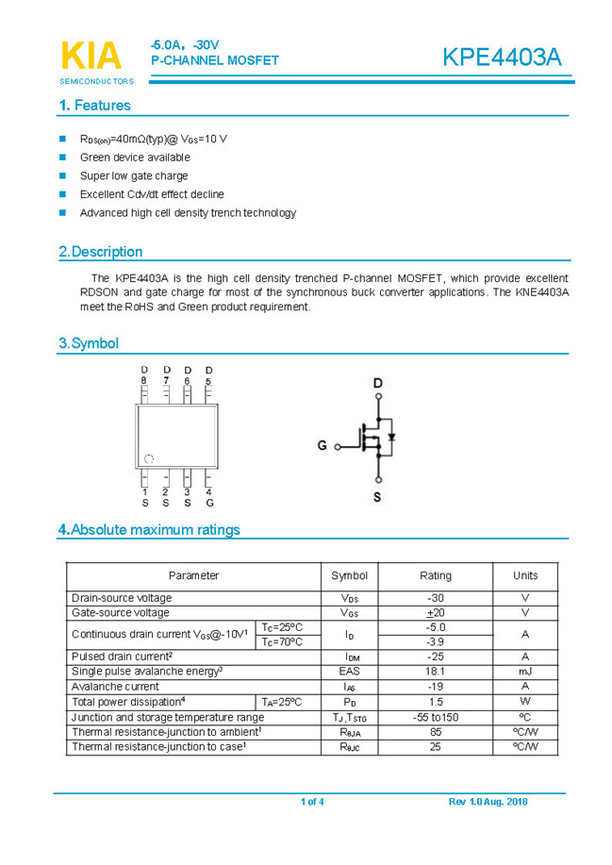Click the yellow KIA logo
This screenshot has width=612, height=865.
click(91, 56)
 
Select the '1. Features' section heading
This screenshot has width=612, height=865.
click(94, 106)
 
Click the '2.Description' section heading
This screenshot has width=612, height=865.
click(101, 252)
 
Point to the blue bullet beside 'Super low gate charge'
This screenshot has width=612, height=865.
click(63, 175)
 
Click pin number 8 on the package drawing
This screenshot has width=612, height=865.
click(144, 381)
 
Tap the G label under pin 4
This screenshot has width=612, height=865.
click(209, 503)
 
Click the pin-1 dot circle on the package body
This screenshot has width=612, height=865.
click(148, 458)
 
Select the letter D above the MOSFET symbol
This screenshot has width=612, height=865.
click(377, 383)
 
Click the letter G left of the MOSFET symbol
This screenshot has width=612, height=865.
click(322, 445)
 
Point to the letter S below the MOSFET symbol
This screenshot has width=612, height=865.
click(377, 497)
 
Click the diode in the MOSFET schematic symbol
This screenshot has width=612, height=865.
click(391, 437)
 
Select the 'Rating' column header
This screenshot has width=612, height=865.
click(435, 575)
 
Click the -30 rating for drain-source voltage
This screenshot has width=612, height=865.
click(435, 598)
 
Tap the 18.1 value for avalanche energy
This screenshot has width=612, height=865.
click(435, 671)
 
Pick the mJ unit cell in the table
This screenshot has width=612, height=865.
click(525, 671)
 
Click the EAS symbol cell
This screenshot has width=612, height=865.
click(350, 671)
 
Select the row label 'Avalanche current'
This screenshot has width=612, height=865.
click(115, 686)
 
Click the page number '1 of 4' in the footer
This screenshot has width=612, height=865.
click(312, 802)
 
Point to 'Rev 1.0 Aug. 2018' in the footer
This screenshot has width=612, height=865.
click(488, 802)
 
